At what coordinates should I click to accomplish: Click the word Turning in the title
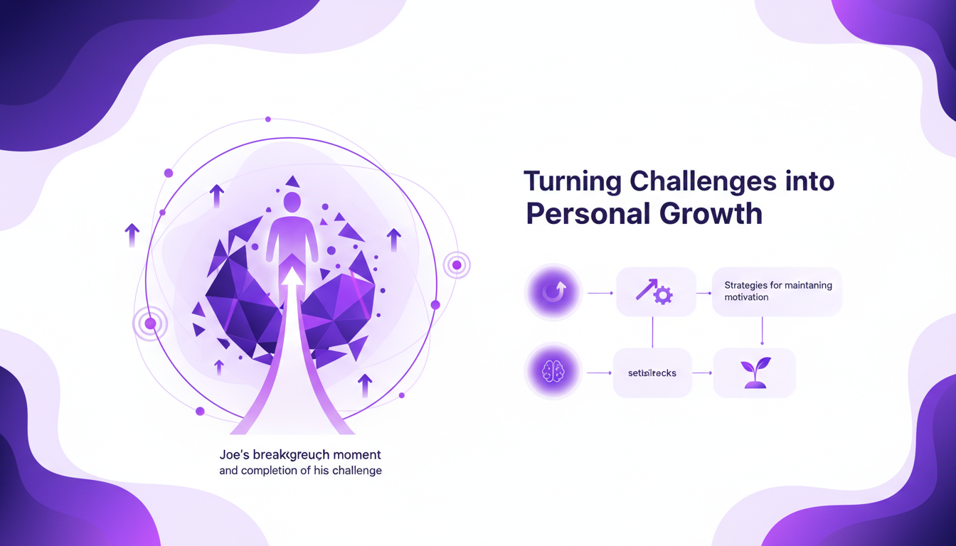[570, 181]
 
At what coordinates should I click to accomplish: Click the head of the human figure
[292, 202]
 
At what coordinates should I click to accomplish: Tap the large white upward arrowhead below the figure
[292, 276]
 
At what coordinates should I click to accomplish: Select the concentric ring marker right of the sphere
[457, 265]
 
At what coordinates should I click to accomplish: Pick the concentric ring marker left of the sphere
[149, 324]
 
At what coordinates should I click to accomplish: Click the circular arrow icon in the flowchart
[553, 292]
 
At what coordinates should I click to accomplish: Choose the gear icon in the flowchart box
[663, 295]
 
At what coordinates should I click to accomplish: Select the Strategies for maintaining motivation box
[777, 291]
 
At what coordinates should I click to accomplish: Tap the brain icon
[553, 373]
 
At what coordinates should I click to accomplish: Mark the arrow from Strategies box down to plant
[762, 331]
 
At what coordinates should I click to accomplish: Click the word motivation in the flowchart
[746, 297]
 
